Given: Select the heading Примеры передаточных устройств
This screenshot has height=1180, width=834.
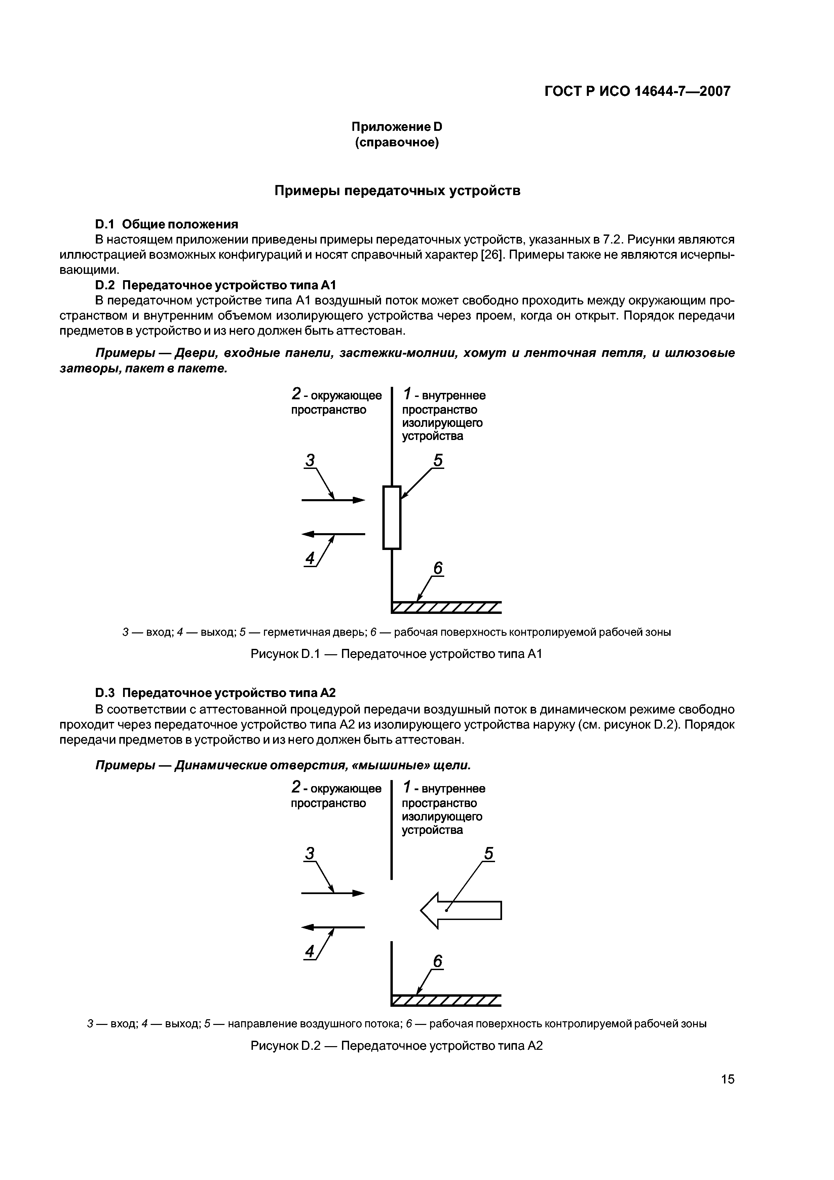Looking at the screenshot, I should [397, 191].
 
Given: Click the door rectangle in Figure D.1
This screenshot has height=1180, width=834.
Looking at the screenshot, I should [391, 518].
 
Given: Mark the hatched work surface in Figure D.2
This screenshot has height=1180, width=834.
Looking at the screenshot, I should [446, 1001].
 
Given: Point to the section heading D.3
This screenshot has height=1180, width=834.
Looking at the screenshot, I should [215, 693].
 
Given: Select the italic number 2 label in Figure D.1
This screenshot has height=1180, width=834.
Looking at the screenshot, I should [296, 395].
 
